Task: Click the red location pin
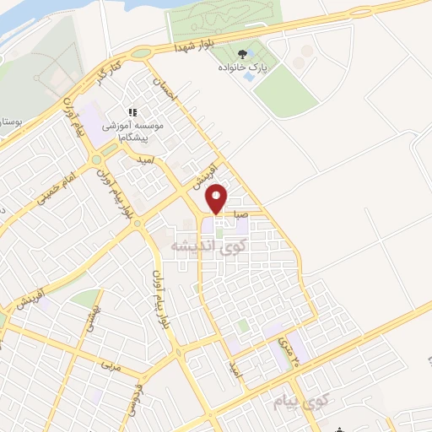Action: click(x=218, y=197)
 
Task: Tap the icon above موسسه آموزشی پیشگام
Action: click(x=132, y=111)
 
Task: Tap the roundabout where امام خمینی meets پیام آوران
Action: click(x=99, y=158)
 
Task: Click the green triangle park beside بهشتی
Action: click(x=84, y=299)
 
